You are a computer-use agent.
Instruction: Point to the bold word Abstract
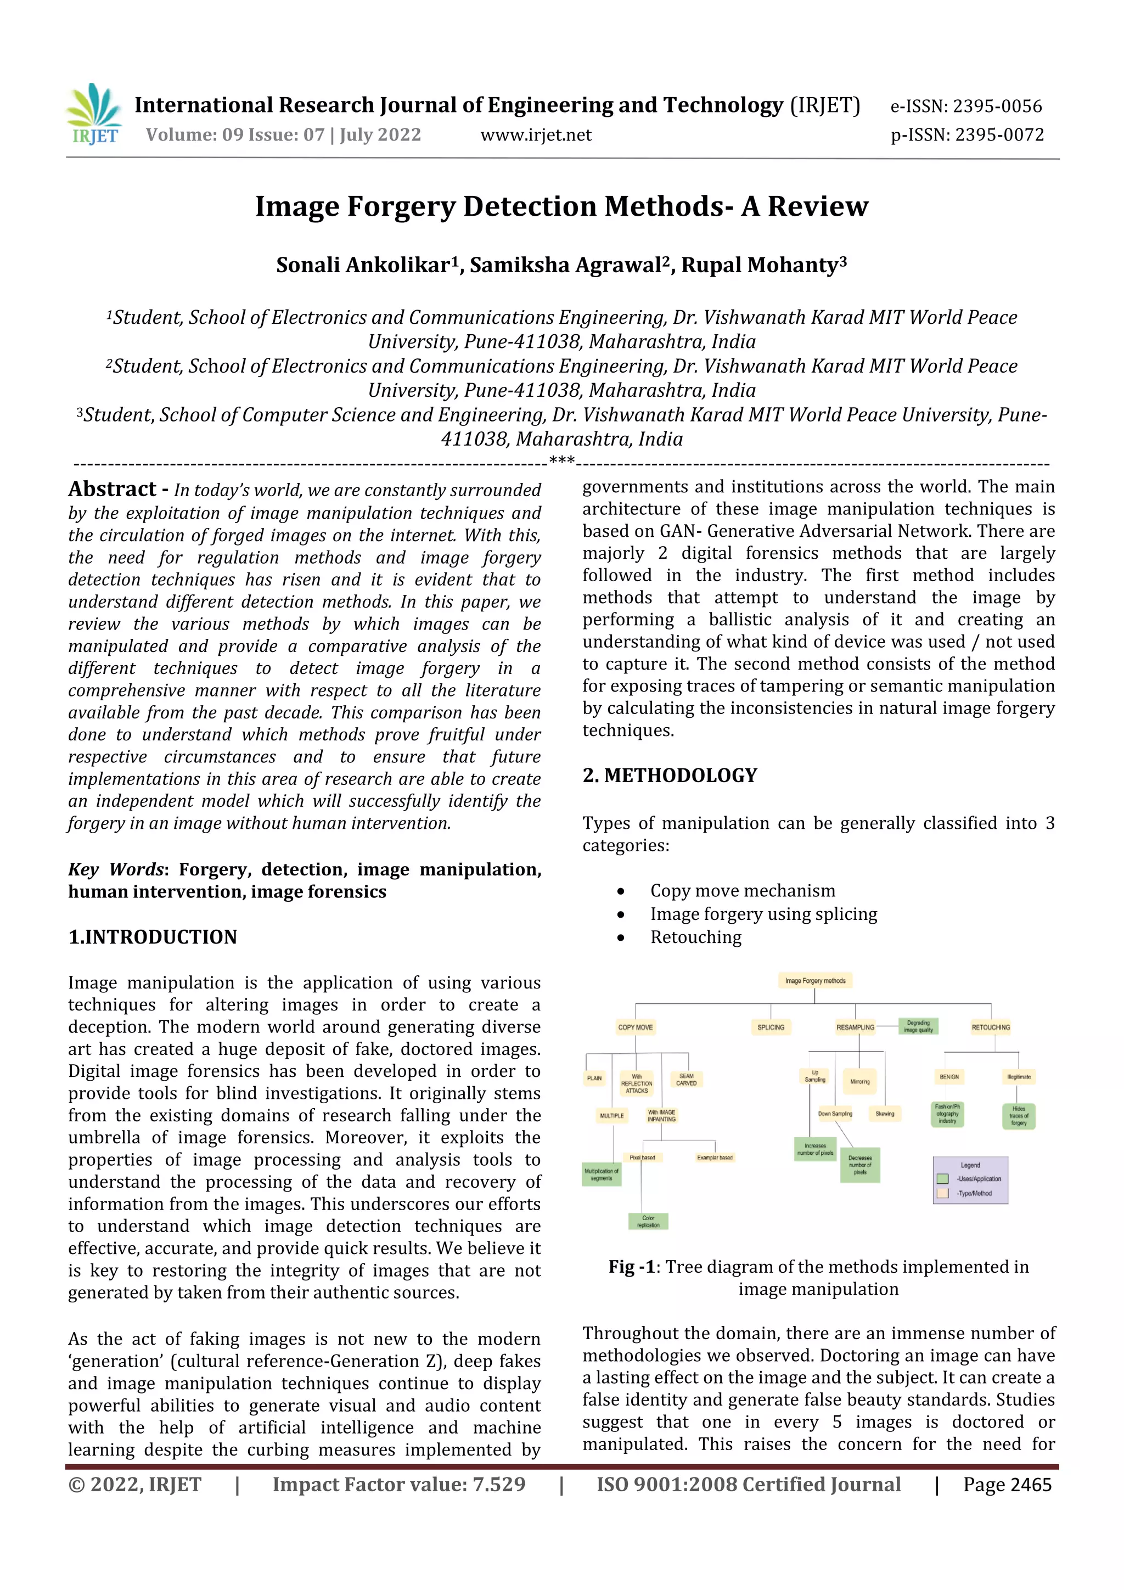pos(112,489)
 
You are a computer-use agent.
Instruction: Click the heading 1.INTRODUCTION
pos(153,937)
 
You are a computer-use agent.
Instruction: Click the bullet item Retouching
pos(695,937)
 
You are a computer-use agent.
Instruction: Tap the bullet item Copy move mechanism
pos(743,891)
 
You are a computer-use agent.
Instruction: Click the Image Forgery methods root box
pos(814,981)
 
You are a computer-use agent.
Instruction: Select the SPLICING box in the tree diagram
pos(771,1027)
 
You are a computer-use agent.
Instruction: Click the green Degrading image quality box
pos(918,1026)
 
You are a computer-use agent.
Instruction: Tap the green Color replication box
pos(648,1221)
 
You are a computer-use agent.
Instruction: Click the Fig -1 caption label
pos(632,1267)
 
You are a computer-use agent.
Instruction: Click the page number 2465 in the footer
pos(1031,1485)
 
